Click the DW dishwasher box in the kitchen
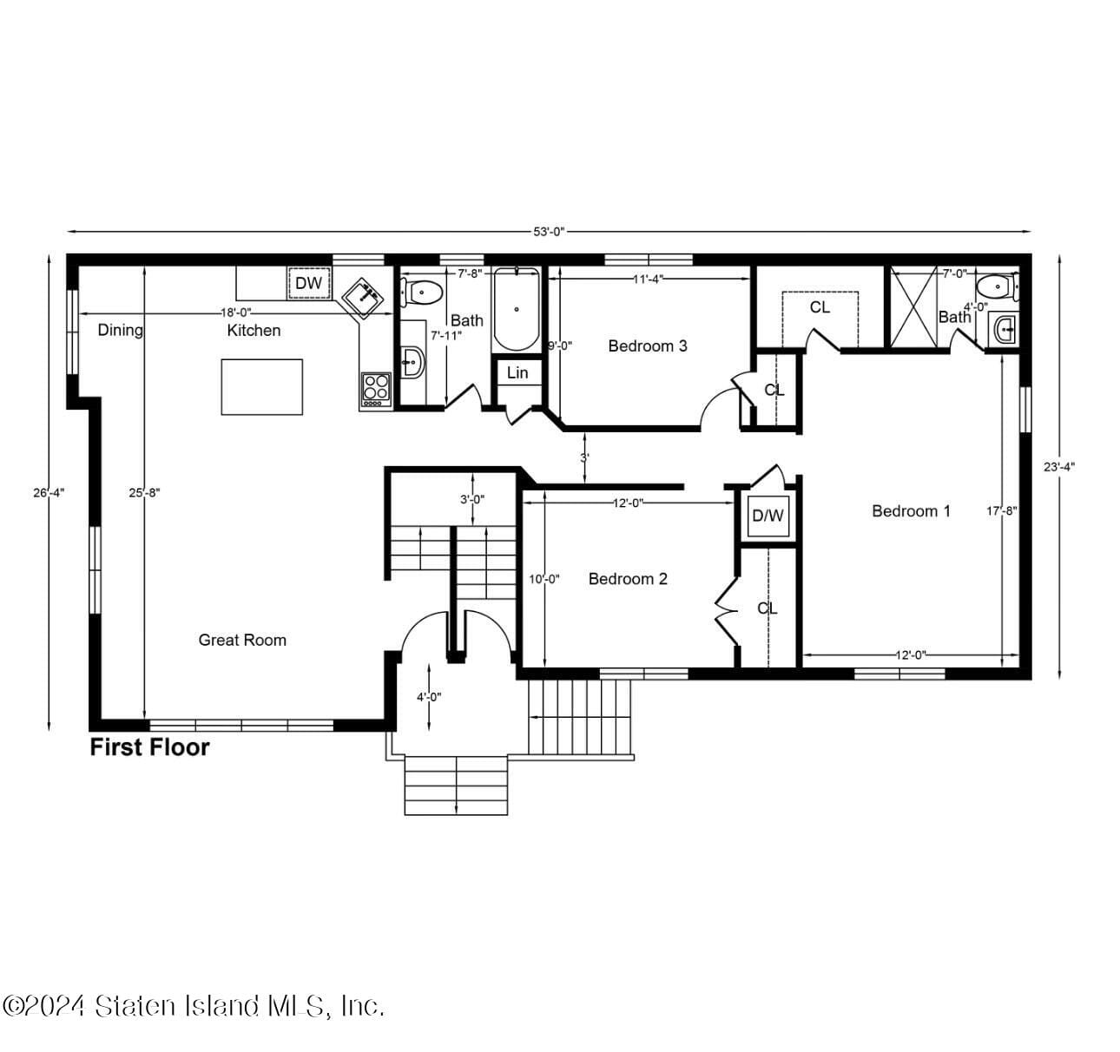tap(309, 283)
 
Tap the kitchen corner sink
tap(363, 298)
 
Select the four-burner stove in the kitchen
tap(376, 390)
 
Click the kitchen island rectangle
tap(262, 386)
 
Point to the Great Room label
tap(242, 640)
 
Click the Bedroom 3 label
tap(648, 345)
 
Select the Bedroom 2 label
tap(628, 579)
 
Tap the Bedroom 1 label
tap(911, 511)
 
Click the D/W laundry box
tap(768, 516)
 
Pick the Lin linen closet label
tap(517, 373)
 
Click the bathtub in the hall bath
tap(517, 310)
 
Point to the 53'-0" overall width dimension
tap(549, 232)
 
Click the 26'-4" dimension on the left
tap(49, 492)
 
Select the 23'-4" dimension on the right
tap(1059, 466)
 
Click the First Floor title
tap(150, 747)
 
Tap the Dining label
tap(120, 330)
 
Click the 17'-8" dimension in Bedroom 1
tap(1001, 511)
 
